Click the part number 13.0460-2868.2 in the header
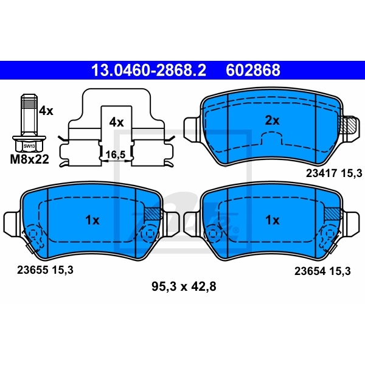point(148,71)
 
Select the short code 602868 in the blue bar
point(254,71)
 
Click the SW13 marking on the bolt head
point(28,147)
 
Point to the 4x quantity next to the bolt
point(46,111)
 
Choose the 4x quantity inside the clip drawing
point(116,122)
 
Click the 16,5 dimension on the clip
point(116,155)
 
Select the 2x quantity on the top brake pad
point(271,120)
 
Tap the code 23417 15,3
point(329,174)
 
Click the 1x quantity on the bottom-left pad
point(92,220)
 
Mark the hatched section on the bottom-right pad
point(332,214)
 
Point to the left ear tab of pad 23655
point(13,221)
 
